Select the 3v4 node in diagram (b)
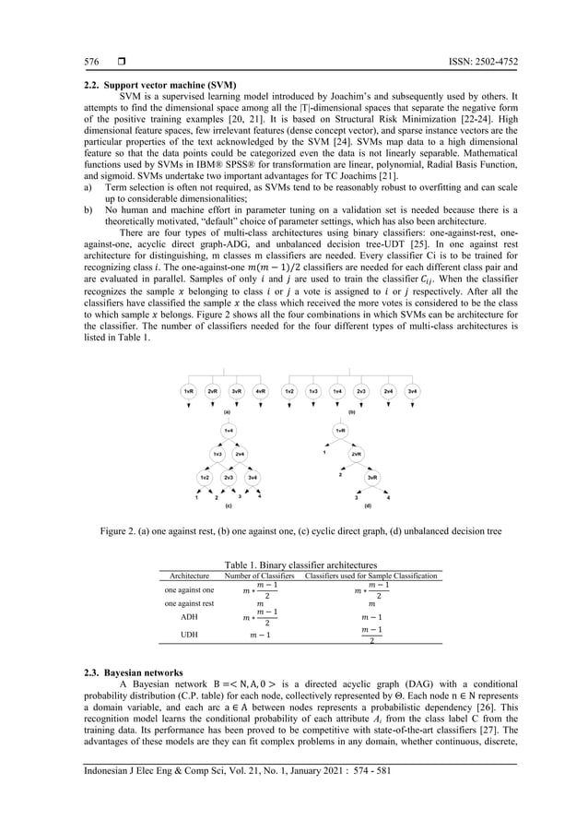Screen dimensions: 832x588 (x=413, y=391)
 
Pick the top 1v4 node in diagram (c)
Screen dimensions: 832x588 (x=228, y=431)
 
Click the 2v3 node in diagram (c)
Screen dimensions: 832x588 (x=228, y=477)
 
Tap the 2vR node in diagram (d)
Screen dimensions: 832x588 (x=356, y=454)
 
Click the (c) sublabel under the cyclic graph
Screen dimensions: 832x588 (x=228, y=506)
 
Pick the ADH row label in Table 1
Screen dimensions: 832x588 (x=188, y=616)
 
